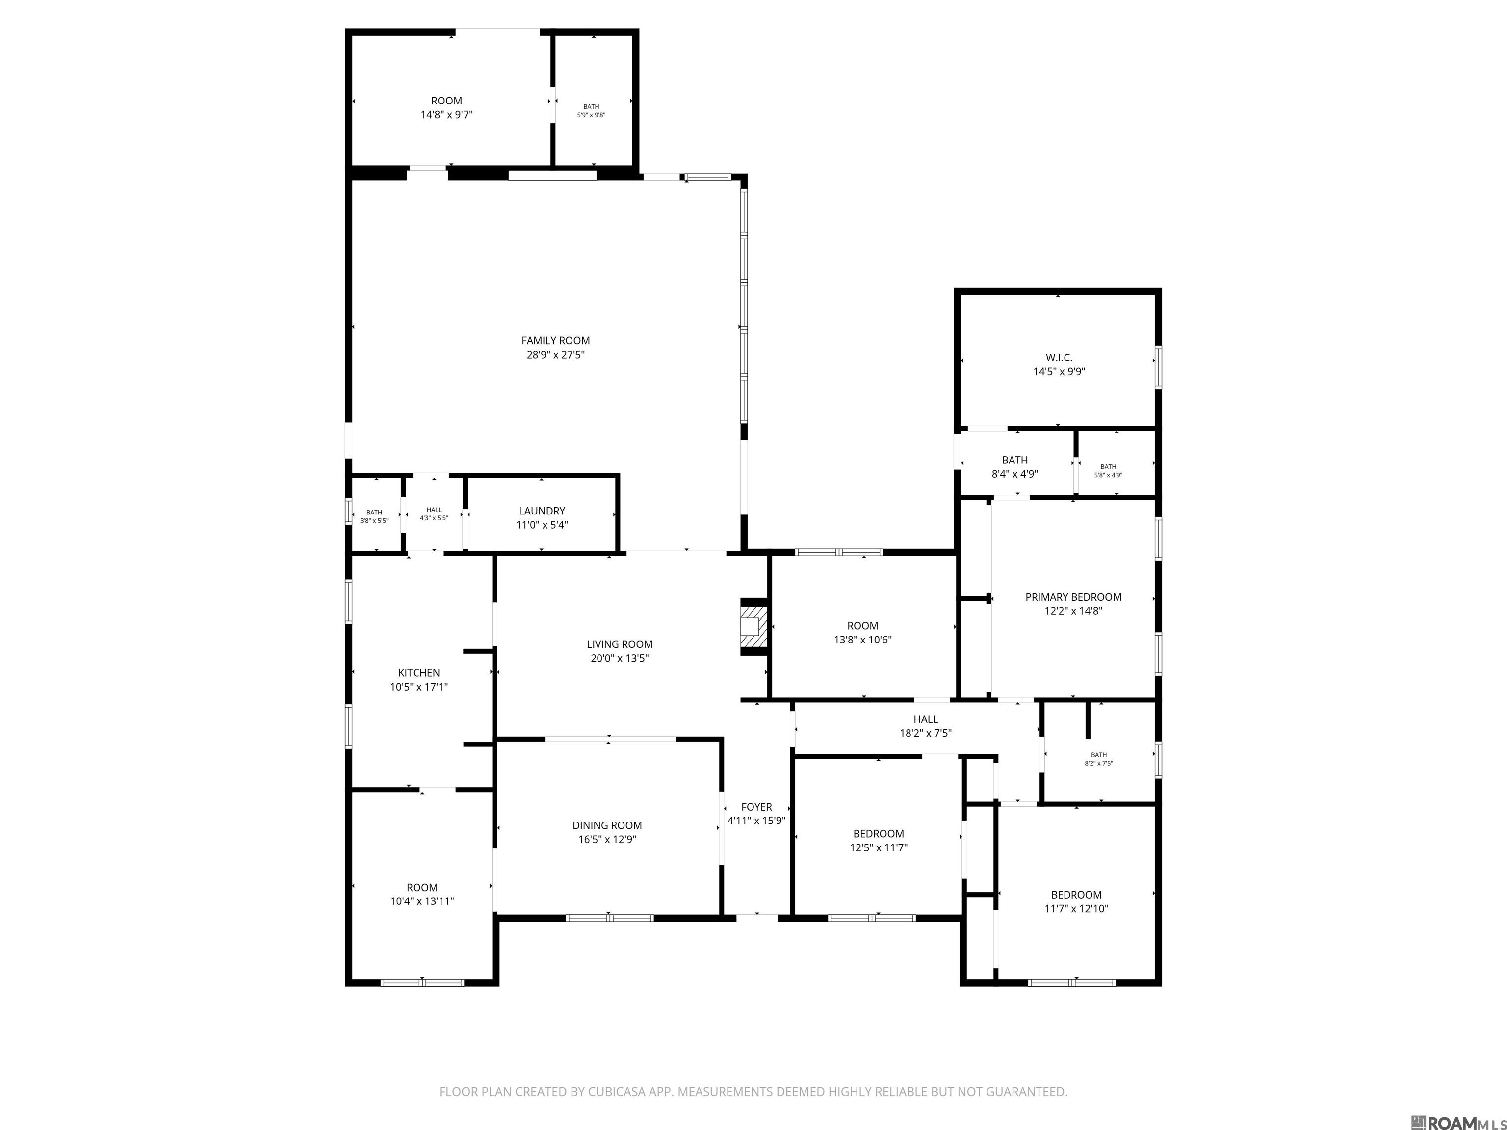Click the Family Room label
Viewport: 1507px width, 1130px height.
click(555, 340)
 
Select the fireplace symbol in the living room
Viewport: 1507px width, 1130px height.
click(753, 627)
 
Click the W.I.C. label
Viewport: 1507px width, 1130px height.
click(1059, 358)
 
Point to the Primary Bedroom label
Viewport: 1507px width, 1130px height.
click(1073, 597)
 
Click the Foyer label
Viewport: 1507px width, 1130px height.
click(756, 807)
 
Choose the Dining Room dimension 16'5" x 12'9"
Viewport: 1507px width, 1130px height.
click(607, 840)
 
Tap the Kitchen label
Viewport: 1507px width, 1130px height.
click(419, 673)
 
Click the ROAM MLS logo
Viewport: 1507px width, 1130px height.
click(1456, 1104)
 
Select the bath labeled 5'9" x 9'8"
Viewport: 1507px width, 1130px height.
click(591, 111)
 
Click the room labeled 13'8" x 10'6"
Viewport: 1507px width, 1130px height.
click(862, 633)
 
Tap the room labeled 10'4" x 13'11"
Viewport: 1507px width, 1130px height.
click(422, 894)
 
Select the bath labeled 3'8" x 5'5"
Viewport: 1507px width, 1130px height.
click(374, 516)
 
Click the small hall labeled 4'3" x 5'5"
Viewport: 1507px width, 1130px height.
click(434, 514)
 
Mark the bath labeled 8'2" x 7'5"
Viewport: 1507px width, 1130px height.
click(1098, 759)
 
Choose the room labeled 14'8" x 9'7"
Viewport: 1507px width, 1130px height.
click(446, 107)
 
